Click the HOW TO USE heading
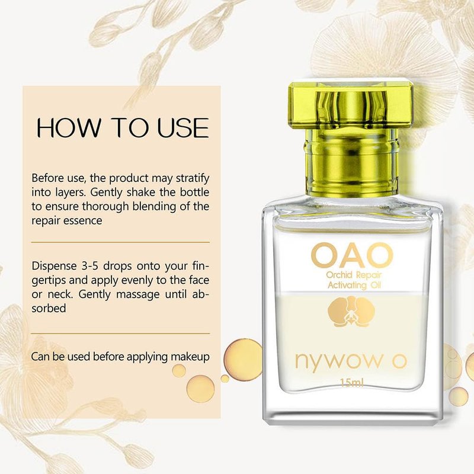tap(123, 127)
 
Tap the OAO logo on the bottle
tap(352, 256)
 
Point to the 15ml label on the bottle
tap(351, 383)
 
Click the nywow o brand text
tap(351, 360)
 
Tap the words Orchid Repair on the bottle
tap(354, 275)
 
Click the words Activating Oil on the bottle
tap(354, 285)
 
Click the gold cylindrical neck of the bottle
tap(351, 164)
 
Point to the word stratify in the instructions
tap(193, 178)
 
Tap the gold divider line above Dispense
tap(121, 242)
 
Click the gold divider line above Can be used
tap(121, 334)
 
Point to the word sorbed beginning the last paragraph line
tap(49, 308)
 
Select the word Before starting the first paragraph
tap(46, 178)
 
